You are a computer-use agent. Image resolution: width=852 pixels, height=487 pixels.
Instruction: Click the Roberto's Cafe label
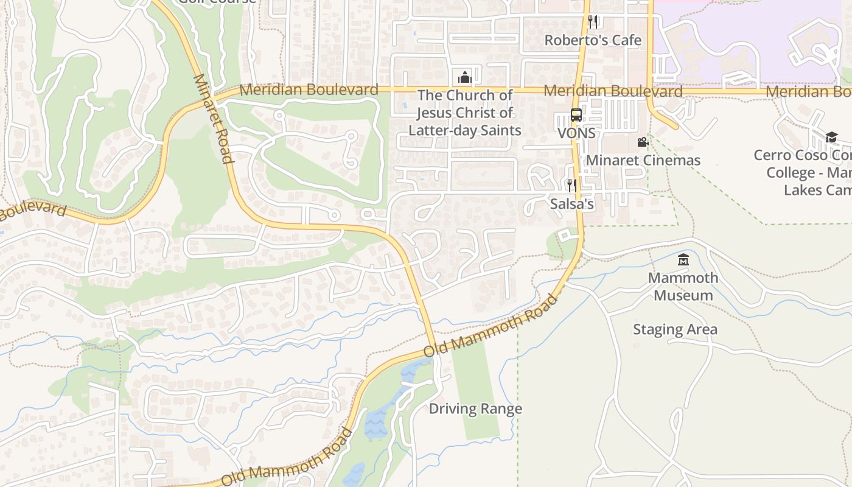(593, 40)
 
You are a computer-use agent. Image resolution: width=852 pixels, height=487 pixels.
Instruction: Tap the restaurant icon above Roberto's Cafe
(593, 22)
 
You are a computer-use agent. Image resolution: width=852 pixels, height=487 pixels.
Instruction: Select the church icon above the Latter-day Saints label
(465, 77)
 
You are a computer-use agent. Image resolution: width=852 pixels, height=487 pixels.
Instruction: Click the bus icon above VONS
(576, 115)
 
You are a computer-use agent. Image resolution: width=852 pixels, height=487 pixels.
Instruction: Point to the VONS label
(576, 133)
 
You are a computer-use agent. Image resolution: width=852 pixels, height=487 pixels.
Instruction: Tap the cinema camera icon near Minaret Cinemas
(643, 142)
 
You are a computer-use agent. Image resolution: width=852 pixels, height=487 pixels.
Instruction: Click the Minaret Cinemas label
(643, 160)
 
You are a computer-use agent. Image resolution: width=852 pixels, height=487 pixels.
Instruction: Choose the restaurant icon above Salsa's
(571, 185)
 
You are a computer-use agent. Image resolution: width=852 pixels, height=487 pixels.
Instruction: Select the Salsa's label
(572, 203)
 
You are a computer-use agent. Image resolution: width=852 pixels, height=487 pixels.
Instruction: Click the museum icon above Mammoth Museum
(683, 260)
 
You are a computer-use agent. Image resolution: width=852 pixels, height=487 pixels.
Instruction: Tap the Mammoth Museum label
(683, 286)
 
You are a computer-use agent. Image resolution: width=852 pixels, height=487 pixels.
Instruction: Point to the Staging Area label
(675, 329)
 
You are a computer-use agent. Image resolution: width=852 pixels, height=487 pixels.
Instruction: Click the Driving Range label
(475, 408)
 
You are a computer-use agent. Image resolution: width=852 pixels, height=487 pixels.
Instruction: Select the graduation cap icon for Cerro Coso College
(831, 138)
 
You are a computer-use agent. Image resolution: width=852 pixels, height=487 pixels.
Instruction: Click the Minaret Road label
(213, 119)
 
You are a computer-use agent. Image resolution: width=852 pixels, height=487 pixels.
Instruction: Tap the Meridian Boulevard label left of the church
(309, 90)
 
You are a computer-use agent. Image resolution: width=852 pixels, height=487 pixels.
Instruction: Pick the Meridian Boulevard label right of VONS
(613, 91)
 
